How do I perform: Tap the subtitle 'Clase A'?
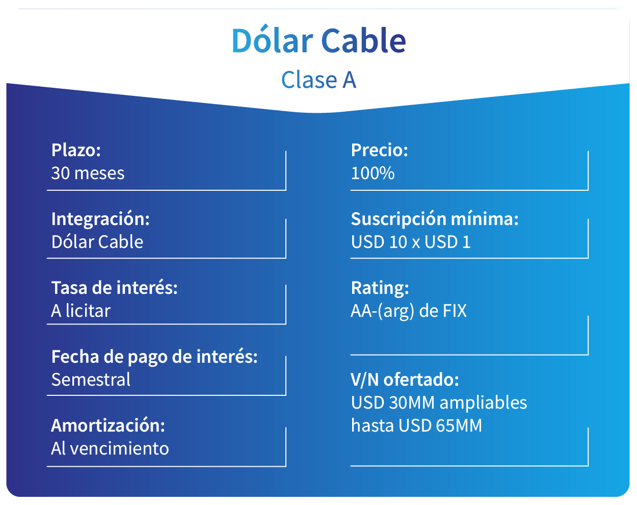tap(319, 80)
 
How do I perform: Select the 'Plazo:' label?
tap(76, 150)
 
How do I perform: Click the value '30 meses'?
tap(88, 173)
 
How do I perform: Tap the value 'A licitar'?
tap(81, 311)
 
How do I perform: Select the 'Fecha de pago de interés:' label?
tap(154, 357)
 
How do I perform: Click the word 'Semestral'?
tap(91, 380)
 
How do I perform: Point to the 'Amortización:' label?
tap(108, 425)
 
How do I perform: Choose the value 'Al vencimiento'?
tap(110, 448)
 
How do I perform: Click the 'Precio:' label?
tap(380, 150)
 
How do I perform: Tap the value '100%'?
tap(373, 173)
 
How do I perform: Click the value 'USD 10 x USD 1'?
tap(411, 242)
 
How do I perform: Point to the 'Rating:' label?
tap(380, 289)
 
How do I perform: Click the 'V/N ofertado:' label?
tap(405, 380)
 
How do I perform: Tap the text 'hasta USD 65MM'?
tap(416, 425)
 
